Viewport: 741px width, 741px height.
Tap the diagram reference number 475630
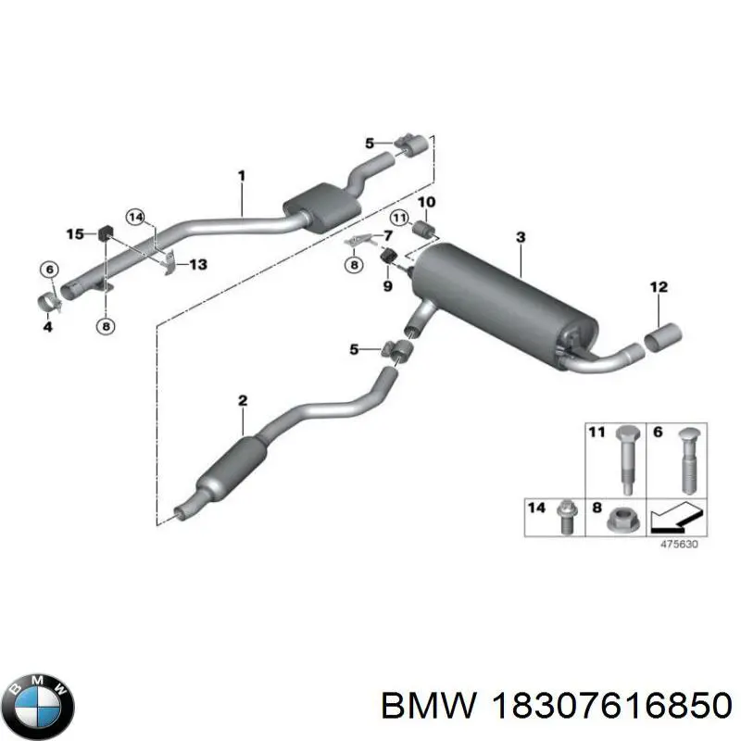678,545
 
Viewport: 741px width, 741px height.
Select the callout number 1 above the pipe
241,175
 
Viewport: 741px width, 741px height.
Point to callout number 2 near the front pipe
242,401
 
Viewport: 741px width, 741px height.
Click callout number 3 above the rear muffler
521,238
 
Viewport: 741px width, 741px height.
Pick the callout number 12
658,288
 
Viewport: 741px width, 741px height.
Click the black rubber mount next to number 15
105,232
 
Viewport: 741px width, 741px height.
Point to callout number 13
197,265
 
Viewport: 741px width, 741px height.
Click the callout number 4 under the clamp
46,325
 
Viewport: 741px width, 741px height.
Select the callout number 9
387,286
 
